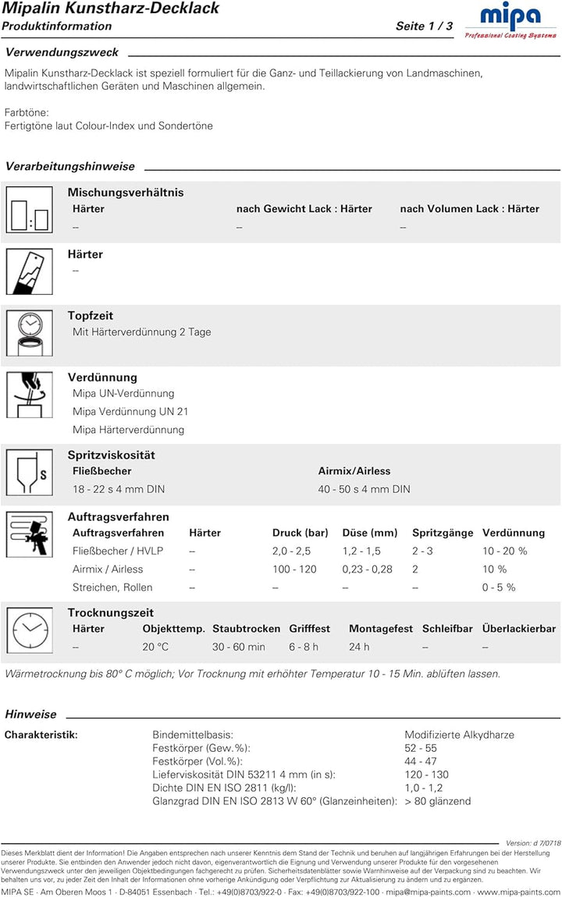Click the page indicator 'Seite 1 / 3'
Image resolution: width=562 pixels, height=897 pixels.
point(424,27)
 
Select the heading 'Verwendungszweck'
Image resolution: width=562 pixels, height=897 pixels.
point(62,52)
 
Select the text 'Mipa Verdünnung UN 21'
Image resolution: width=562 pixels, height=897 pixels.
point(130,412)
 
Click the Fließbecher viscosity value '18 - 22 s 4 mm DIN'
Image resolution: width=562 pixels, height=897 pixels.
point(119,489)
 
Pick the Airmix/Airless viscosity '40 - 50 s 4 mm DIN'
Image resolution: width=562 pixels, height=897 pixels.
point(364,489)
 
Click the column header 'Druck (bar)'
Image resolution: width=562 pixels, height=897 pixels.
point(300,533)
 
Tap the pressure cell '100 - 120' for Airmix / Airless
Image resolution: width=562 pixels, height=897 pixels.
point(294,569)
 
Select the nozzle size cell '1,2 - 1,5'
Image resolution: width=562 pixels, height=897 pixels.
point(361,551)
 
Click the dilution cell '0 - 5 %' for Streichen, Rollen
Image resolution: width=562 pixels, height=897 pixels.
point(499,587)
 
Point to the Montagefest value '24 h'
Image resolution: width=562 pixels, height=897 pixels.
point(359,647)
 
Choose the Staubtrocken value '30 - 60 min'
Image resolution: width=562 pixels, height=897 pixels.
point(239,647)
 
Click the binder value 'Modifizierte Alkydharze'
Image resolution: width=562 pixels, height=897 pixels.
point(459,735)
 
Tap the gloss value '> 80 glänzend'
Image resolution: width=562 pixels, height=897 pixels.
point(437,801)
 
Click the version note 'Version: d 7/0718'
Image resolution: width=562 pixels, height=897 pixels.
point(533,843)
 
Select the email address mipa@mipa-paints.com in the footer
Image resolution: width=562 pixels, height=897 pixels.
point(428,892)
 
